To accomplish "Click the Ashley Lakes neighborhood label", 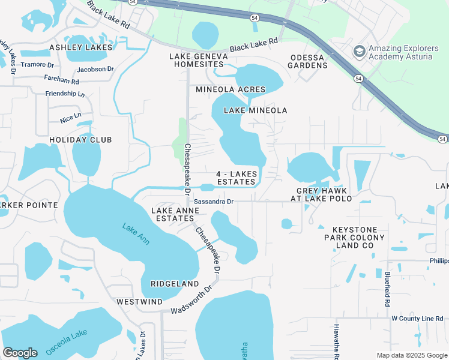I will point(80,47).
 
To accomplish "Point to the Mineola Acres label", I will point(231,89).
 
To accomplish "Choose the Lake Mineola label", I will point(255,110).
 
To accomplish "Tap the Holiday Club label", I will point(80,140).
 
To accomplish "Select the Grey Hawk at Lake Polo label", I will point(321,194).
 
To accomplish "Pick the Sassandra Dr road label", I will point(213,202).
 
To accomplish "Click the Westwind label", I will point(139,302).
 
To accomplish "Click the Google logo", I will point(20,353).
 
